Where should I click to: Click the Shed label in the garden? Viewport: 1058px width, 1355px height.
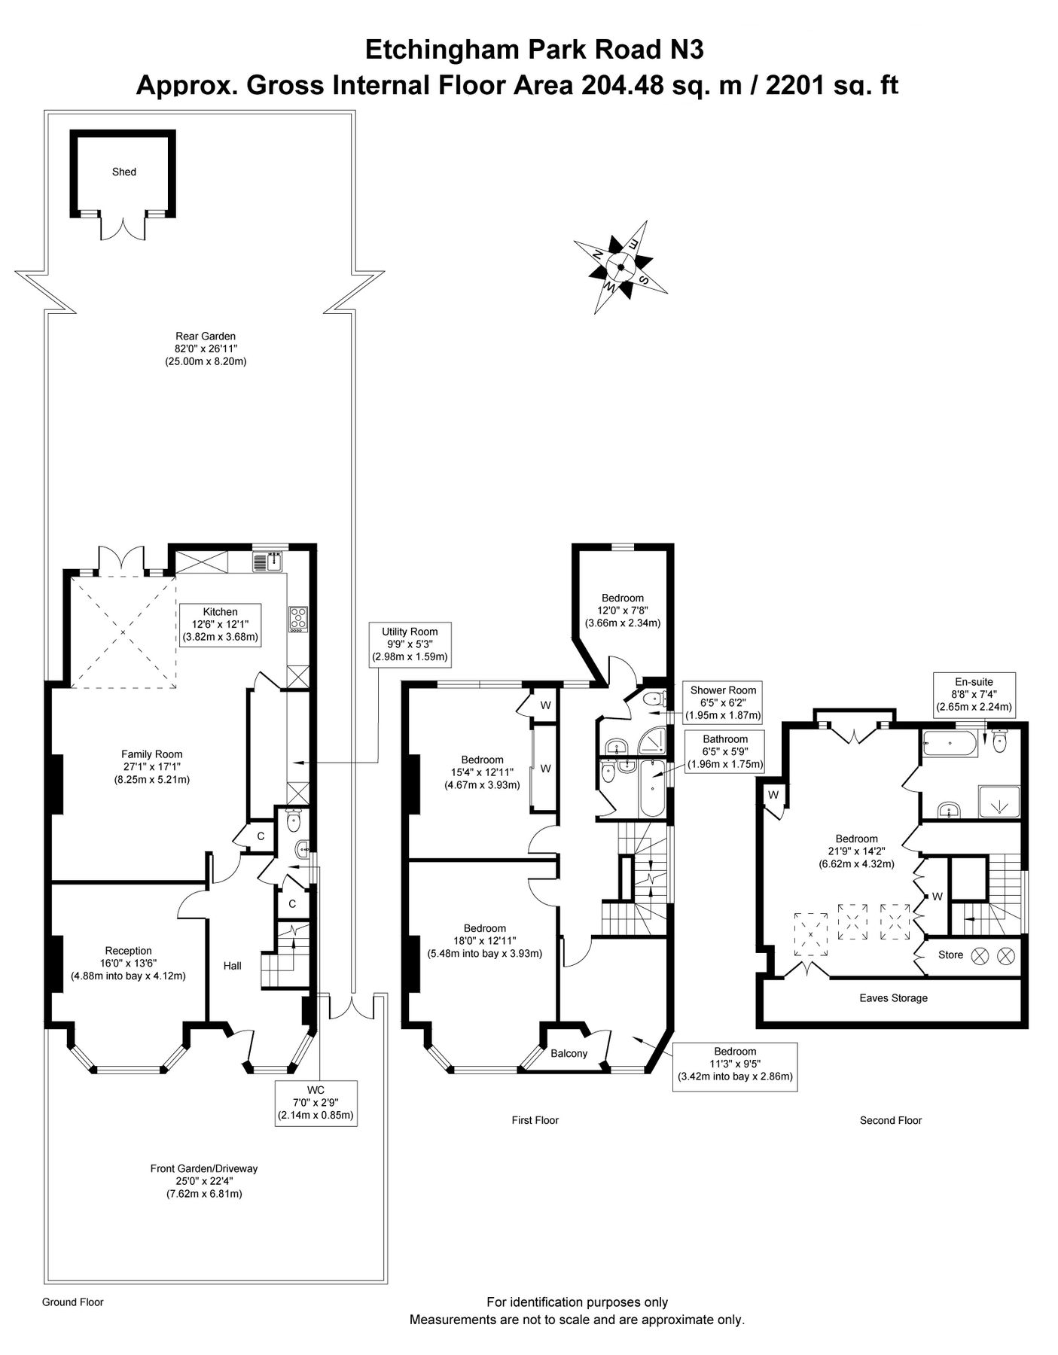pyautogui.click(x=124, y=172)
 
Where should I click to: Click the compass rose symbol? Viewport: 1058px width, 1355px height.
pyautogui.click(x=620, y=267)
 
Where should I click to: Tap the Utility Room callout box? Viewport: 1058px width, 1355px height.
pyautogui.click(x=409, y=644)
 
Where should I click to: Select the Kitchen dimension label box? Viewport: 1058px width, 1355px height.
pyautogui.click(x=220, y=624)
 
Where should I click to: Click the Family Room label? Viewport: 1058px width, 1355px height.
pyautogui.click(x=152, y=754)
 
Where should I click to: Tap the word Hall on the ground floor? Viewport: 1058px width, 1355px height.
pyautogui.click(x=233, y=965)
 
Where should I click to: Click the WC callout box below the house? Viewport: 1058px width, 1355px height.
pyautogui.click(x=316, y=1103)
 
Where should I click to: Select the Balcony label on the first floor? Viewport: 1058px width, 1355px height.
pyautogui.click(x=569, y=1053)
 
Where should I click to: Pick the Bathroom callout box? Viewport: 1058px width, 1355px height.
pyautogui.click(x=725, y=751)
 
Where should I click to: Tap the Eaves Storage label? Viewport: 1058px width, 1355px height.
pyautogui.click(x=893, y=998)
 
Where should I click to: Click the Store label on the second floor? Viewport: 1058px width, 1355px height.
pyautogui.click(x=950, y=955)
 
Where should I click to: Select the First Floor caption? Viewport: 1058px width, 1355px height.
pyautogui.click(x=535, y=1120)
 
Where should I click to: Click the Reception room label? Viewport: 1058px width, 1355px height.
pyautogui.click(x=128, y=951)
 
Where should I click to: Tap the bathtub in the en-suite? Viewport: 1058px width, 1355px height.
pyautogui.click(x=949, y=745)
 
